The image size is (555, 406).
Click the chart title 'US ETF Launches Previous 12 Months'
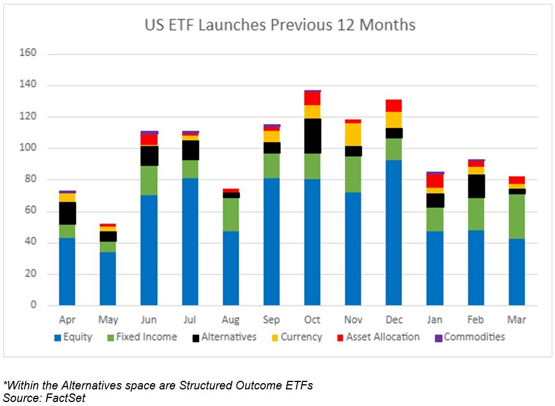(x=280, y=26)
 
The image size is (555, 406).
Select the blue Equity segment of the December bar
(x=394, y=233)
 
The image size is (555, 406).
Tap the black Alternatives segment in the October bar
(x=312, y=136)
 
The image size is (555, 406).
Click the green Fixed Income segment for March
(x=517, y=217)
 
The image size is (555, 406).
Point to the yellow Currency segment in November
(x=353, y=134)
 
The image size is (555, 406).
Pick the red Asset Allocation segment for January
(x=435, y=181)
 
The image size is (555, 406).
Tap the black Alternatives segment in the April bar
(x=67, y=213)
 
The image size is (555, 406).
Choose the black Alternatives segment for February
(x=476, y=186)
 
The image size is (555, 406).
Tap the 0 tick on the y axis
(x=33, y=305)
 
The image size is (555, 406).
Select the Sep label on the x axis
(x=271, y=320)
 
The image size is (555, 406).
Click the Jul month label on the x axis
(x=190, y=320)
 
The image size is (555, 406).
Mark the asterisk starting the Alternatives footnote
(x=5, y=384)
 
